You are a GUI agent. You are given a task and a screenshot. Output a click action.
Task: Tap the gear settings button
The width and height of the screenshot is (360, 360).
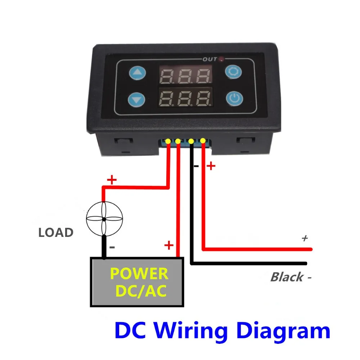tap(233, 72)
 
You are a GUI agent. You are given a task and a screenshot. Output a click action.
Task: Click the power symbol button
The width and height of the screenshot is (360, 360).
tap(235, 99)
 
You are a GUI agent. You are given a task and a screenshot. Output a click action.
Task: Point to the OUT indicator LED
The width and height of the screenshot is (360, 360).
tap(221, 59)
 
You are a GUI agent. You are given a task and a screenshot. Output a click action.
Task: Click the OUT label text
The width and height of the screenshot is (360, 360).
tap(210, 59)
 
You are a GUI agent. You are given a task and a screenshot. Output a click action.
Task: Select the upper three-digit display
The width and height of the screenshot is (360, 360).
tap(185, 75)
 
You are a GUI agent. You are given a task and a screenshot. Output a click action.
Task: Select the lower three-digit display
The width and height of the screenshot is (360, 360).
tap(185, 98)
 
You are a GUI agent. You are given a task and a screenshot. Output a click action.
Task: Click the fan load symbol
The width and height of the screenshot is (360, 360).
tap(104, 219)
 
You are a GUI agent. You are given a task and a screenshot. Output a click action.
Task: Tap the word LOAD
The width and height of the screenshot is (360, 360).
tap(56, 233)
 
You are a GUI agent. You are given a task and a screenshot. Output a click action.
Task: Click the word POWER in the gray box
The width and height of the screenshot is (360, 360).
tap(139, 274)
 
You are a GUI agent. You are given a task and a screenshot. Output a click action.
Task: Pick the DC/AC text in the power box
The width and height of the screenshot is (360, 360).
tap(141, 291)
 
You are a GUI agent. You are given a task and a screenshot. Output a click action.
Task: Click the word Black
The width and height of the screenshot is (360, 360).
tap(287, 277)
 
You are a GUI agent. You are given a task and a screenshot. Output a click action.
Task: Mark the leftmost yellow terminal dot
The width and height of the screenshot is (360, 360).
tap(168, 141)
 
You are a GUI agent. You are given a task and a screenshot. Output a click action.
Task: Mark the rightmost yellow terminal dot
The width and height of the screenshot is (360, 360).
tap(203, 140)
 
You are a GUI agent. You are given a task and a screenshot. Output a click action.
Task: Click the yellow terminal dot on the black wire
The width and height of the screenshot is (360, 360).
tap(191, 141)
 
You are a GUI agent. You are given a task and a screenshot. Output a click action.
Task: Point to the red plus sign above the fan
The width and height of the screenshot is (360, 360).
tap(112, 180)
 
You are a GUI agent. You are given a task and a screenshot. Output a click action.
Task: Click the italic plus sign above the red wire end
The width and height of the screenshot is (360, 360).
tap(305, 238)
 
